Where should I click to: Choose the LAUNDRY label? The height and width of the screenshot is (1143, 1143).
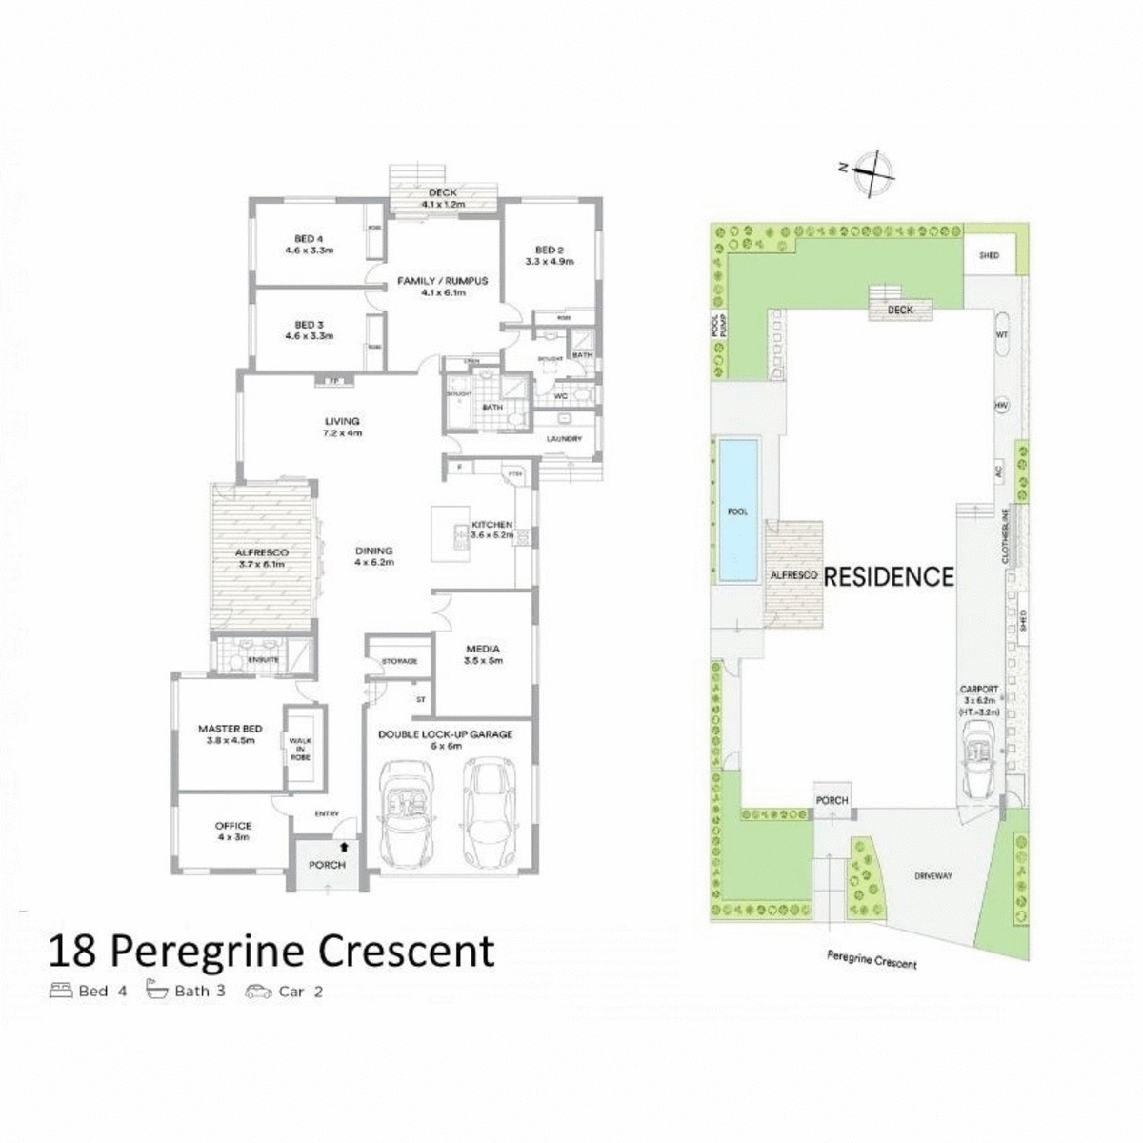564,439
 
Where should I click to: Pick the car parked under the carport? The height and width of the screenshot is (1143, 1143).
979,758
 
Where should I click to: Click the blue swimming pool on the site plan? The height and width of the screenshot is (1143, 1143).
739,511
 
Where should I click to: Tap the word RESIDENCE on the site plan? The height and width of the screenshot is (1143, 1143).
888,576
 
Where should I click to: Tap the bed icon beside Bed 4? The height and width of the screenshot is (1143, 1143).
60,990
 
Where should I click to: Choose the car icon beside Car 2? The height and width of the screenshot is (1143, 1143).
258,991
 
